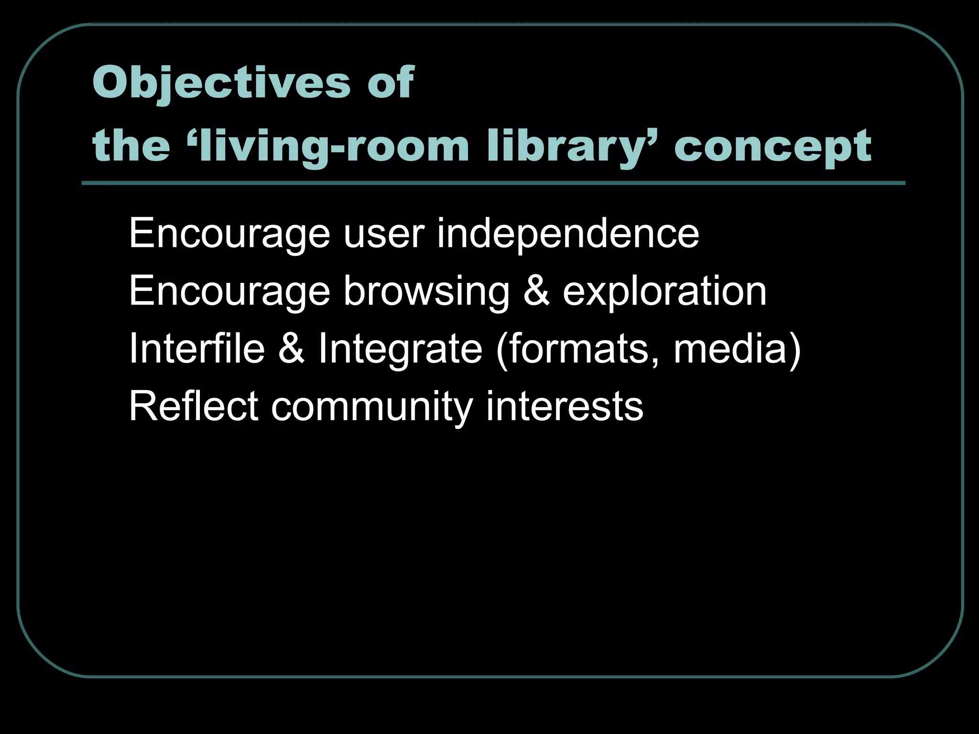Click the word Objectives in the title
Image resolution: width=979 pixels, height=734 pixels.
click(222, 82)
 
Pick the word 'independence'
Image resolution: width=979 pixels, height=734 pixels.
click(568, 233)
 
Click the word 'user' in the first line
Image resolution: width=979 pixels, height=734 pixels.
click(383, 233)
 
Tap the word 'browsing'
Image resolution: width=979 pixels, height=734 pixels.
click(426, 291)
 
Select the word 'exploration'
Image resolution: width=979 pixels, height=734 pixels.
click(664, 291)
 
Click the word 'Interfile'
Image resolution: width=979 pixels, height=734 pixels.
click(196, 349)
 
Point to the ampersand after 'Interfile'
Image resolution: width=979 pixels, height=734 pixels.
click(291, 349)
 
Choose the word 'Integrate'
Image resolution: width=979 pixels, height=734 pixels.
click(400, 349)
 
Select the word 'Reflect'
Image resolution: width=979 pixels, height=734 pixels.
click(194, 406)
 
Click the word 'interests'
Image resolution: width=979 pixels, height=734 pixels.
click(565, 406)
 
